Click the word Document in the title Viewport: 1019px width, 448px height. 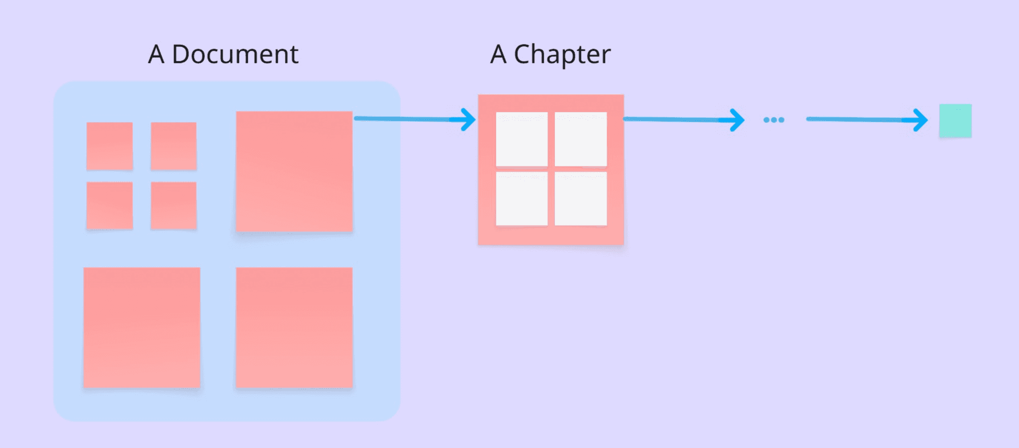235,54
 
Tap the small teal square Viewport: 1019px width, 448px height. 955,121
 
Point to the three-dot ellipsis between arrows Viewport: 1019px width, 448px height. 773,120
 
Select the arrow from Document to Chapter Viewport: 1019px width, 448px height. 415,119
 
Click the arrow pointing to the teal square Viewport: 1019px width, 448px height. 867,120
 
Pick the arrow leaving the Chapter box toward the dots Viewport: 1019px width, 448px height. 684,120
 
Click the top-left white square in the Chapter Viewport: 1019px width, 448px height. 522,139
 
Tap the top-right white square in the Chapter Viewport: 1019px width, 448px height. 581,139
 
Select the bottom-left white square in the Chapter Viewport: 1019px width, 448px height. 522,198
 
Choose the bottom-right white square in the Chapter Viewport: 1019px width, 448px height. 581,198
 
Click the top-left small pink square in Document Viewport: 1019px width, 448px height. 110,146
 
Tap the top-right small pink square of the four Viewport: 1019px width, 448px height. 174,146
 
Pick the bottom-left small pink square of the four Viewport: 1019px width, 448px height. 110,206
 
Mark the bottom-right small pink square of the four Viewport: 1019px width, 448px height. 174,206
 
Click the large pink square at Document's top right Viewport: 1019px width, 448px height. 295,171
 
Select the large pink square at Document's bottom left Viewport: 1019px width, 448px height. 142,328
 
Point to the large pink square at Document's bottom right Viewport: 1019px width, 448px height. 295,328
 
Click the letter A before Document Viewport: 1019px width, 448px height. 156,54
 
